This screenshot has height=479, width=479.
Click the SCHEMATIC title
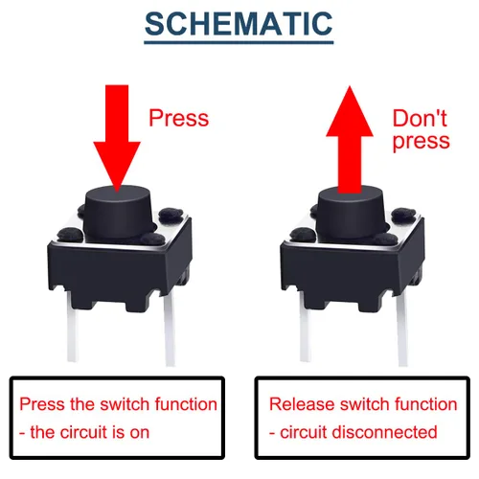click(x=239, y=24)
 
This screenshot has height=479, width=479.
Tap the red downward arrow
click(x=117, y=138)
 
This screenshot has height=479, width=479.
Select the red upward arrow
click(x=350, y=140)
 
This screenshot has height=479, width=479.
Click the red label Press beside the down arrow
click(x=179, y=118)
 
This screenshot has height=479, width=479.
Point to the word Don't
click(x=420, y=118)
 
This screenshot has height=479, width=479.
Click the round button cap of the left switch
click(x=118, y=212)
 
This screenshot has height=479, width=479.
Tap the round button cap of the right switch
click(x=350, y=214)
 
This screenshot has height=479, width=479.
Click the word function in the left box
click(x=186, y=404)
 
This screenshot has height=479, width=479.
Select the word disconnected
click(x=384, y=432)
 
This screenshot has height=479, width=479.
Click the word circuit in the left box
click(x=84, y=432)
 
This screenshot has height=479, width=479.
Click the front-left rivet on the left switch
click(x=71, y=234)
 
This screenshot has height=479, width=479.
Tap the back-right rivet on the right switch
click(x=403, y=215)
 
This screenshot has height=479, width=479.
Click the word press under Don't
click(x=422, y=141)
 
